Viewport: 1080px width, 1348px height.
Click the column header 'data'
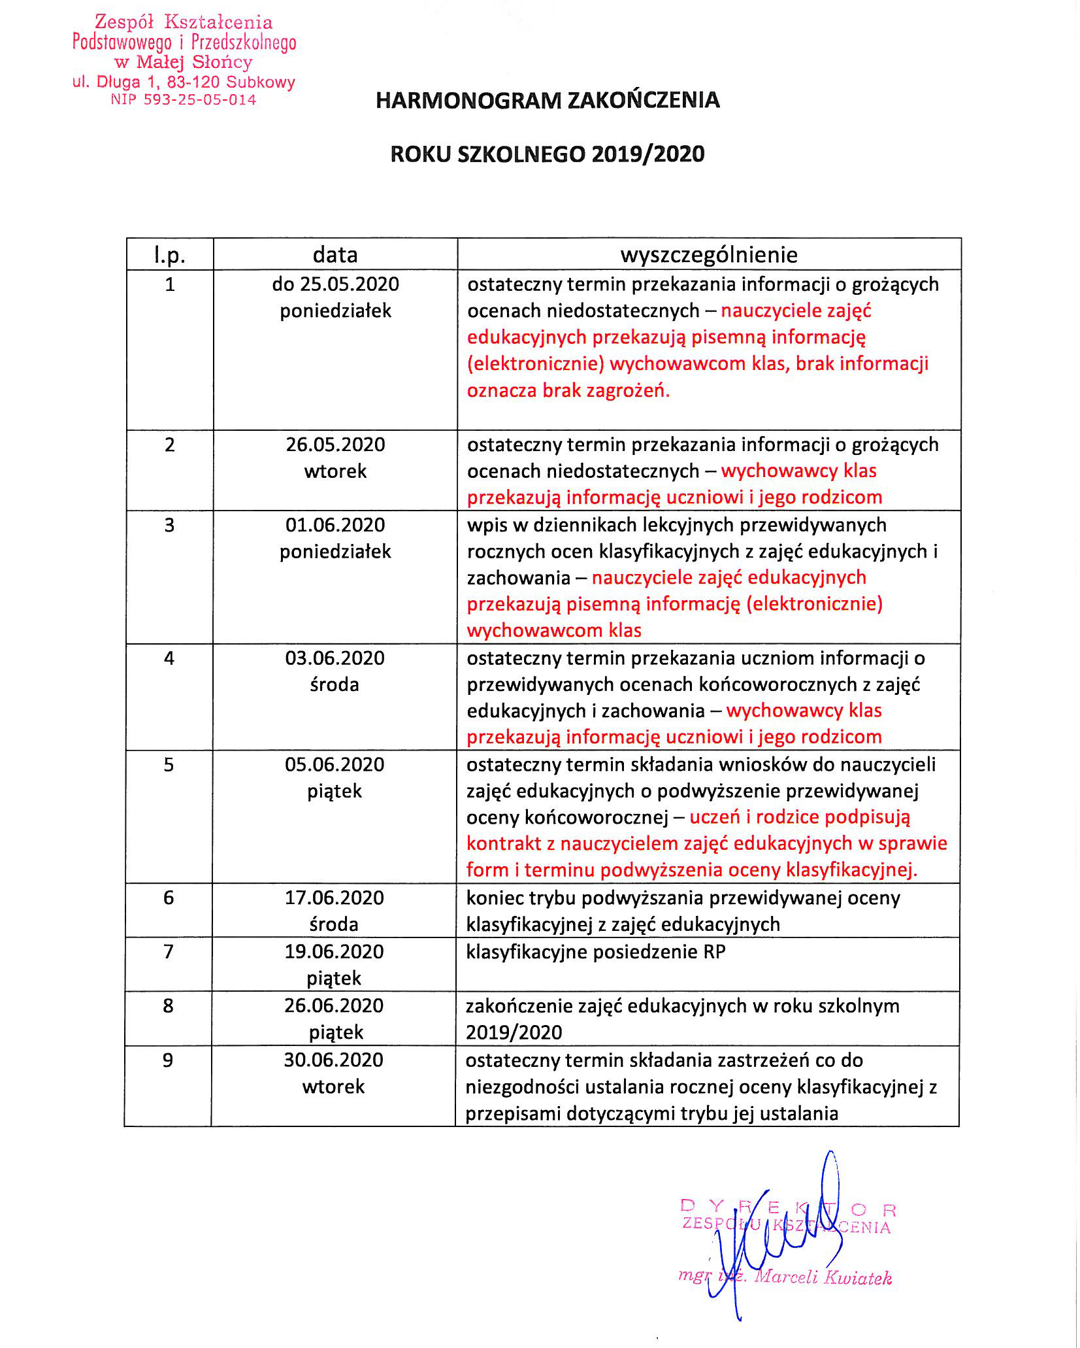(335, 254)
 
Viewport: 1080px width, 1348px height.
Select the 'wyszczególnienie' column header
(709, 254)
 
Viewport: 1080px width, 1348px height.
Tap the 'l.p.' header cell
(170, 255)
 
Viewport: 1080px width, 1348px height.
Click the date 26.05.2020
(335, 445)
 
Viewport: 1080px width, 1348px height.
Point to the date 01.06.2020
(335, 525)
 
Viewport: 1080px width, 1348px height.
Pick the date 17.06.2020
(334, 898)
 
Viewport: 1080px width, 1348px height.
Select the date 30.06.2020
(333, 1060)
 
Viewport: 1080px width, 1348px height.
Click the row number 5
(169, 764)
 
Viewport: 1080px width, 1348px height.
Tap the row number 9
(168, 1060)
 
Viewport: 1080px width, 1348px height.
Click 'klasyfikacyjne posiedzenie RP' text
(595, 952)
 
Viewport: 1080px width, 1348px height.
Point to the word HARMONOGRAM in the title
(468, 100)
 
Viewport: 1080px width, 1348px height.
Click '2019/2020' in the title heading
(648, 154)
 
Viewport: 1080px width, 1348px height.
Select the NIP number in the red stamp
(184, 100)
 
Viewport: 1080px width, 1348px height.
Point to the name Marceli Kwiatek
(823, 1277)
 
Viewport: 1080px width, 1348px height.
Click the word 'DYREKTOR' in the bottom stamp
(787, 1207)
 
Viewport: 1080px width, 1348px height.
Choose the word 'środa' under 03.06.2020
(335, 684)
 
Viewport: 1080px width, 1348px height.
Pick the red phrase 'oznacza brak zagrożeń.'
(568, 390)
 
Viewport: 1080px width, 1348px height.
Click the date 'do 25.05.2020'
(335, 284)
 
